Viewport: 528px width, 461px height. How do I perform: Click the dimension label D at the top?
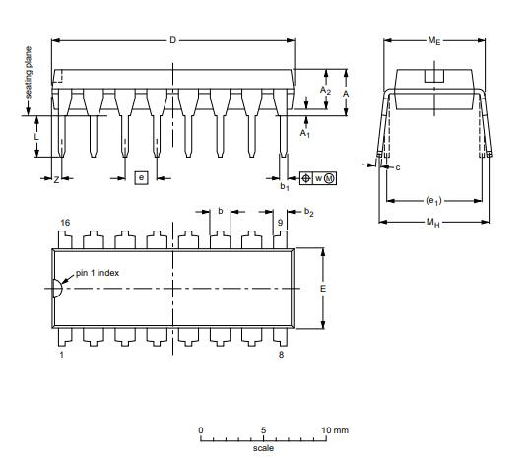click(172, 40)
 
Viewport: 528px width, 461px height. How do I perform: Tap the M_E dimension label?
click(434, 41)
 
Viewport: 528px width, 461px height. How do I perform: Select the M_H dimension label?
click(433, 223)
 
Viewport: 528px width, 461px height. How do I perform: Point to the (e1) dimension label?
click(433, 201)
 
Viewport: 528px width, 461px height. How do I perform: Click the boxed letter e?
click(142, 177)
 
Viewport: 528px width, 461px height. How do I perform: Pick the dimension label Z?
click(56, 180)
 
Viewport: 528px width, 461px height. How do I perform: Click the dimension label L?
click(36, 136)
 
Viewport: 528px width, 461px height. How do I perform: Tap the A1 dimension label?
click(305, 133)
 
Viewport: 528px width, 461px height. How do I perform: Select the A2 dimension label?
click(325, 91)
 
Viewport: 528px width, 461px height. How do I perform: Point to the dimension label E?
click(323, 289)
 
